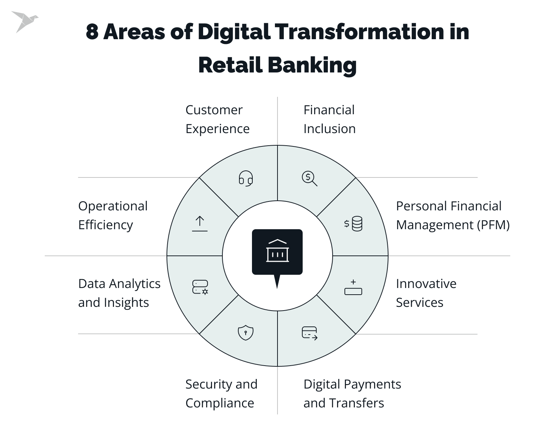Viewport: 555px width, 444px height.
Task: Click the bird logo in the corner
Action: tap(24, 21)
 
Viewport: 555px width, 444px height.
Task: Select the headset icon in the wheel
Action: tap(245, 178)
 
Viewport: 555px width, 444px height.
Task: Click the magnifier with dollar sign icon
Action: tap(309, 179)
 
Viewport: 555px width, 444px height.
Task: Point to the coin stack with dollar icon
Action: tap(353, 224)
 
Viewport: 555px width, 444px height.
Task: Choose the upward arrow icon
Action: tap(200, 224)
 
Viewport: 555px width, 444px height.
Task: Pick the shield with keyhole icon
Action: tap(245, 332)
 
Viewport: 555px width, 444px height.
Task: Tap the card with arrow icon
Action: tap(310, 333)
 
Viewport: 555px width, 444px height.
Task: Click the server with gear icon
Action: tap(200, 287)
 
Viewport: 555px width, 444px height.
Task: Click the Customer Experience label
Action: tap(217, 119)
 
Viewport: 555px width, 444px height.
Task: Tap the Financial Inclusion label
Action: tap(329, 119)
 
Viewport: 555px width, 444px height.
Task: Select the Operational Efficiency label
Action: tap(113, 215)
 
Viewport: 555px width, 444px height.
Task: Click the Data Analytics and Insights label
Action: tap(119, 293)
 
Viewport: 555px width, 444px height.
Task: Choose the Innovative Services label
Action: tap(426, 293)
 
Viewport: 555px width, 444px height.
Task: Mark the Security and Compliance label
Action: tap(221, 393)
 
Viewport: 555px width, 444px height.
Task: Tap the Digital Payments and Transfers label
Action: tap(352, 393)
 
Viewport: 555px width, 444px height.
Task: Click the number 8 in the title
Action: tap(92, 32)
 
